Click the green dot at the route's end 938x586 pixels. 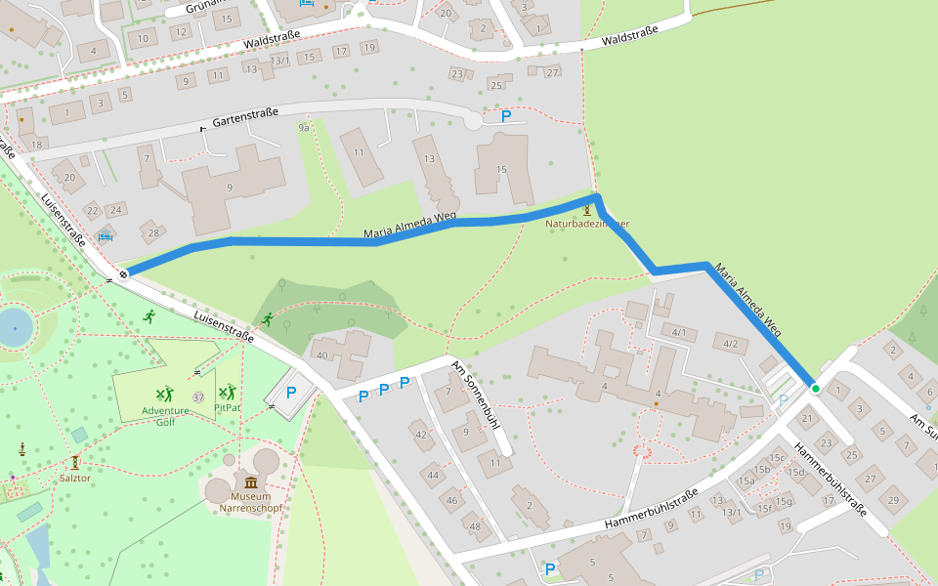click(x=815, y=389)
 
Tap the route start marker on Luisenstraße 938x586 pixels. click(x=123, y=274)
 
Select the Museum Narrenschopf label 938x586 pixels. click(x=251, y=502)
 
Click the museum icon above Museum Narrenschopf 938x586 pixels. click(x=251, y=482)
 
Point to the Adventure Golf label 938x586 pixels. click(x=165, y=411)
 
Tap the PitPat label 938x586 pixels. click(x=227, y=407)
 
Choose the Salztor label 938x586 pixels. click(x=75, y=478)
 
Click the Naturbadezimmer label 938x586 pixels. click(x=586, y=224)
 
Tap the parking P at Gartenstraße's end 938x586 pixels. click(x=505, y=116)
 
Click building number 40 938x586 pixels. click(x=321, y=355)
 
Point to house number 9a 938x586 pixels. click(x=304, y=128)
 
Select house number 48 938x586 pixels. click(x=475, y=526)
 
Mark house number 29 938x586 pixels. click(x=892, y=500)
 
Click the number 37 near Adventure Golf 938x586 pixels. click(x=198, y=398)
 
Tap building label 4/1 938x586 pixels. click(x=679, y=333)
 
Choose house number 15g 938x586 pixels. click(x=783, y=501)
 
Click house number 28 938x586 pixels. click(x=153, y=232)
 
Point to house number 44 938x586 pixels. click(x=432, y=475)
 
